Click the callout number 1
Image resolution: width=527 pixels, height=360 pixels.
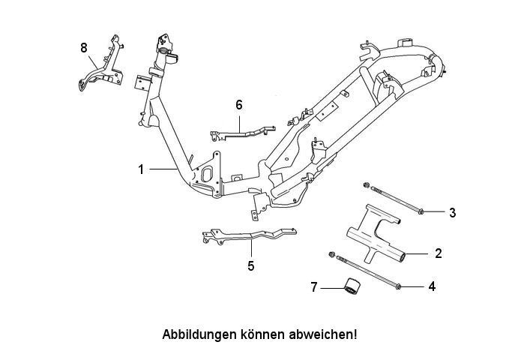pyautogui.click(x=141, y=169)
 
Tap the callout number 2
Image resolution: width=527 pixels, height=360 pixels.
pyautogui.click(x=439, y=253)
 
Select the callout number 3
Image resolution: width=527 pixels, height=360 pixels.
pyautogui.click(x=453, y=212)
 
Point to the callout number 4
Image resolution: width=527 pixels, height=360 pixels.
pyautogui.click(x=432, y=286)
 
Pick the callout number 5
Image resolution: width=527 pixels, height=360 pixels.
pyautogui.click(x=251, y=266)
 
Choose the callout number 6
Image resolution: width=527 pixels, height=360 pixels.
pyautogui.click(x=238, y=105)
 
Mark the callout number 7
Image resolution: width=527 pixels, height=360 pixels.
pyautogui.click(x=314, y=287)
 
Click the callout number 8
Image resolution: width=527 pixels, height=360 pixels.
pyautogui.click(x=84, y=48)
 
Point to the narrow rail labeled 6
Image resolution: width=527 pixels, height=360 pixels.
pyautogui.click(x=242, y=133)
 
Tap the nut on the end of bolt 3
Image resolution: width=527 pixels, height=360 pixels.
pyautogui.click(x=367, y=184)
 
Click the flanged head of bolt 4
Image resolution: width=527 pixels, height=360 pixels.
pyautogui.click(x=399, y=286)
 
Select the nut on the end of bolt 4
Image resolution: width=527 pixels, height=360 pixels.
pyautogui.click(x=331, y=254)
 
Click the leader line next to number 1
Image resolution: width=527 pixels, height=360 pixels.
pyautogui.click(x=163, y=169)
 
